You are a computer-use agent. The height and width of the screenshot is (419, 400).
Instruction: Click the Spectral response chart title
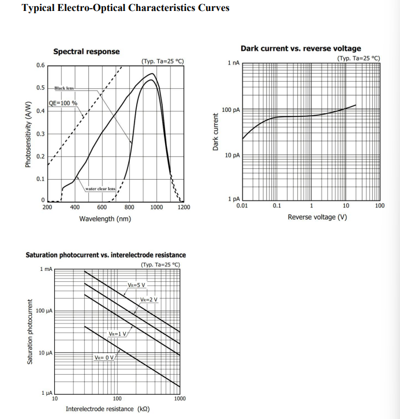point(87,51)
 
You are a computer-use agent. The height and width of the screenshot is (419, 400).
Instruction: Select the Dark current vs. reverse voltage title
point(301,48)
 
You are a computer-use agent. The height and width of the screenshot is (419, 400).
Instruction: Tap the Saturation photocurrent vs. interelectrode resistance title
point(106,255)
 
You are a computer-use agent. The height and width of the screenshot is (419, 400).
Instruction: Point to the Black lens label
point(64,88)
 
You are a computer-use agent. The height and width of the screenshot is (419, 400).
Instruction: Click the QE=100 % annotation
point(63,103)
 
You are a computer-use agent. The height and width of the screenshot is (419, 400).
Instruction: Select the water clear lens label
point(100,188)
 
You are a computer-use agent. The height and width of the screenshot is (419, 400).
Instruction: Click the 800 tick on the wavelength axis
point(129,207)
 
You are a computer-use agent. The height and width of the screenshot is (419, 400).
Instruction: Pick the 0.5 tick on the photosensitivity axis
point(40,88)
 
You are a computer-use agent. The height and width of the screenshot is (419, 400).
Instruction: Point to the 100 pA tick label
point(231,110)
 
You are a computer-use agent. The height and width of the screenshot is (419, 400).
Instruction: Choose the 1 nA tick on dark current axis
point(234,62)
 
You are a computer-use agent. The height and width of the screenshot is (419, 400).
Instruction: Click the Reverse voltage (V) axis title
point(317,217)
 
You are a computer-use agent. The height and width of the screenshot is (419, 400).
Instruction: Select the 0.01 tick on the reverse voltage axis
point(242,205)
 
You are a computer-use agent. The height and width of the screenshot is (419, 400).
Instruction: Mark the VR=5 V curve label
point(137,285)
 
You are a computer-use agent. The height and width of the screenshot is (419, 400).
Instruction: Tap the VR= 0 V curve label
point(106,357)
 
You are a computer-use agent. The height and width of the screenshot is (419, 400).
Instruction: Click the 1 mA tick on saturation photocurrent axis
point(46,270)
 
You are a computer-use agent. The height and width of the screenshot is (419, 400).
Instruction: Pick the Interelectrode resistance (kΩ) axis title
point(108,409)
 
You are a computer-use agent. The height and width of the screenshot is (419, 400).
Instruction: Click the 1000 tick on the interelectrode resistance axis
point(180,398)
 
